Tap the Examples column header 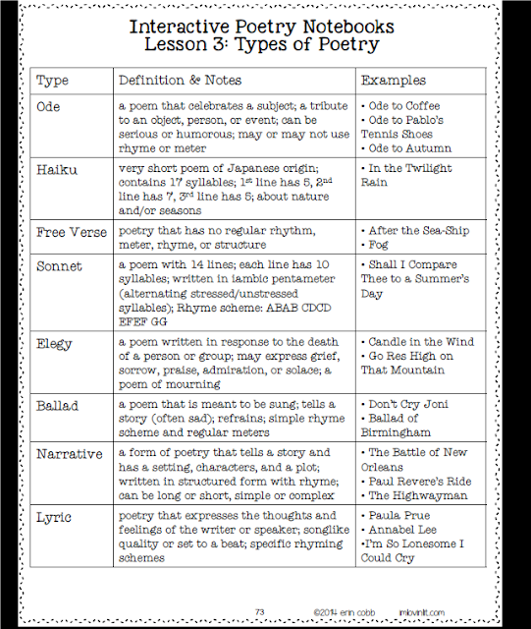click(393, 80)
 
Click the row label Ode click(49, 105)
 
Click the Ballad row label click(57, 405)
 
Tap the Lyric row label click(54, 516)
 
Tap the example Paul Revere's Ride click(417, 482)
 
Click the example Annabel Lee click(402, 530)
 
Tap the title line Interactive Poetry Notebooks click(265, 26)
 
